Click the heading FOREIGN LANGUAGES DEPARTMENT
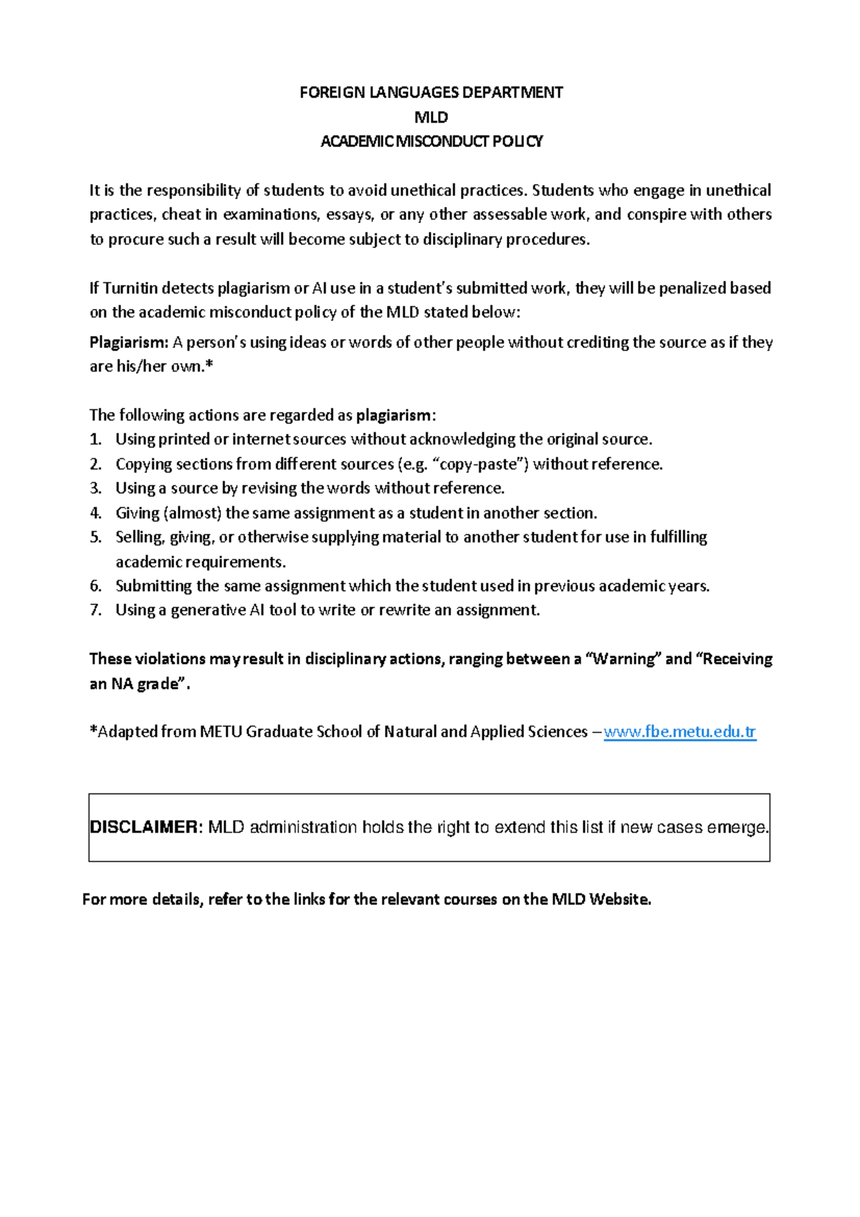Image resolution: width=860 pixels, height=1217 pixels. pos(431,92)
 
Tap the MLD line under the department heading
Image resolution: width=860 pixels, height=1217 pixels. pos(431,117)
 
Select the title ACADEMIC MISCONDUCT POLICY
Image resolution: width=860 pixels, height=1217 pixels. pos(431,141)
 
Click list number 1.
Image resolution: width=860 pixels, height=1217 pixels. pos(95,439)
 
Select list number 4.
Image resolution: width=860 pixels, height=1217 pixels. pos(95,513)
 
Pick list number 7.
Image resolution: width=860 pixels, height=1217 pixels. pos(95,611)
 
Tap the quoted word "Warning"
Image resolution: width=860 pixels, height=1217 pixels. pos(623,659)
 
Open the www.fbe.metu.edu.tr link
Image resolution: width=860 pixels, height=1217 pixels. pos(679,732)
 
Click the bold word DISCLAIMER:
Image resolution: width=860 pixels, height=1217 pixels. pos(146,827)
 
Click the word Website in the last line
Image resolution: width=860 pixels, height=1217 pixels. pos(619,899)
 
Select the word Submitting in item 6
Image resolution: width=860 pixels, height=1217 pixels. pos(153,586)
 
